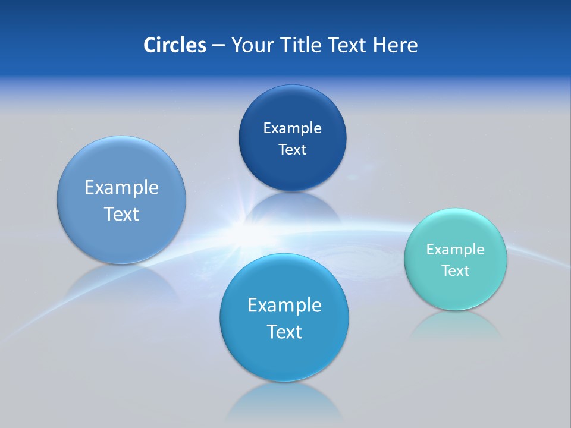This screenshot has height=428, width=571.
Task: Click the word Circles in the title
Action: click(x=174, y=45)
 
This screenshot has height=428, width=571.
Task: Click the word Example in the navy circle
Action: click(x=292, y=128)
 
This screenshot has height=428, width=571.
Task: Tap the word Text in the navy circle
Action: click(x=292, y=149)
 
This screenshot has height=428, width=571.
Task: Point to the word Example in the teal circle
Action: click(x=456, y=249)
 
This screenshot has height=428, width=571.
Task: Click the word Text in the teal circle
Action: click(x=456, y=270)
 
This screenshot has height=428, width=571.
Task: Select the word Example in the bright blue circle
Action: click(x=284, y=305)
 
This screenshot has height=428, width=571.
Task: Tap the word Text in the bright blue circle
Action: click(x=284, y=331)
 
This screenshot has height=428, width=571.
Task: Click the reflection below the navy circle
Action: click(x=291, y=208)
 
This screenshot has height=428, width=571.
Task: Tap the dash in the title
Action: click(x=218, y=45)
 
